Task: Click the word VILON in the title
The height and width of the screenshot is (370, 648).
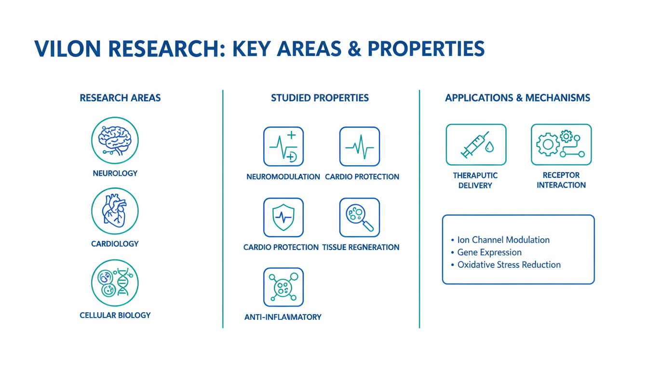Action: (67, 49)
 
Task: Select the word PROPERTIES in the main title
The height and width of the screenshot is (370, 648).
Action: (426, 49)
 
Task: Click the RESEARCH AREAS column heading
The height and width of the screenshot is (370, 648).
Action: (120, 98)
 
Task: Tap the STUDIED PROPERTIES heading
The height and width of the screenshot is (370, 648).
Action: (320, 98)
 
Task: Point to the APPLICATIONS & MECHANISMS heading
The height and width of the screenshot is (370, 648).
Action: (517, 98)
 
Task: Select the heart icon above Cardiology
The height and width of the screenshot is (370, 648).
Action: (115, 211)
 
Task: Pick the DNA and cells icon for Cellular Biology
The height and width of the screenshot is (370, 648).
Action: (115, 283)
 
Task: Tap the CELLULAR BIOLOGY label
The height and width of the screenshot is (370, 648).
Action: (115, 315)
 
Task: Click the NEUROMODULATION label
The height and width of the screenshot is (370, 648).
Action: (283, 177)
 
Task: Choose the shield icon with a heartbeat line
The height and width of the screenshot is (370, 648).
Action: (283, 217)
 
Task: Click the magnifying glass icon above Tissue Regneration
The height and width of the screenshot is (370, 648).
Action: (360, 217)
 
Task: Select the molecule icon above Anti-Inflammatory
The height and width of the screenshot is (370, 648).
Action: (283, 287)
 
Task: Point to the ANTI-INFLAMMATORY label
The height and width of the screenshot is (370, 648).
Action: (283, 317)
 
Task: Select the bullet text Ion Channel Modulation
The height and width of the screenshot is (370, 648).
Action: (503, 240)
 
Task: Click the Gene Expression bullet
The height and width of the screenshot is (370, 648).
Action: (489, 252)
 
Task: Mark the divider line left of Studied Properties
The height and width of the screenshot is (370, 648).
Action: (223, 209)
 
